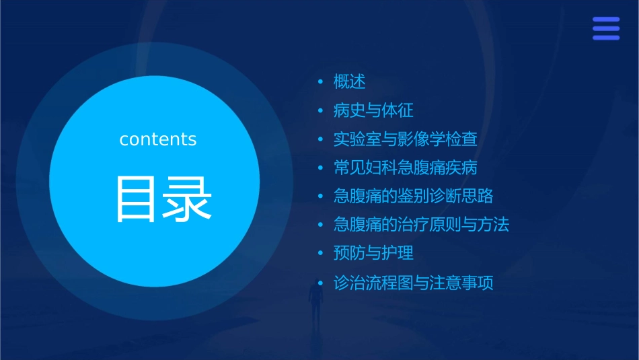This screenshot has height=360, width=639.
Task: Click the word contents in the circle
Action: [x=158, y=139]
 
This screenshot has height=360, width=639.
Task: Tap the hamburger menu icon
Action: [x=605, y=29]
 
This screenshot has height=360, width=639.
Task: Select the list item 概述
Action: [x=350, y=82]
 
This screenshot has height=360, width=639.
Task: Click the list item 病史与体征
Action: [x=373, y=110]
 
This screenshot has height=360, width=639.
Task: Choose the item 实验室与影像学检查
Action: [x=406, y=139]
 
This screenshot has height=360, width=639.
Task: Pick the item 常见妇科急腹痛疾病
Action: [x=406, y=168]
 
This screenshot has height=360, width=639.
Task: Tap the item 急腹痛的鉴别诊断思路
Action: [x=414, y=196]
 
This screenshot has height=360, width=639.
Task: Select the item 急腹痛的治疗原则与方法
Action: [x=422, y=225]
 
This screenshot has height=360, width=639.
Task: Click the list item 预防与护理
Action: [x=373, y=254]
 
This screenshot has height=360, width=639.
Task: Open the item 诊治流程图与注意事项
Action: [x=414, y=283]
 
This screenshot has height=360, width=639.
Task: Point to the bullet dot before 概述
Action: [x=321, y=82]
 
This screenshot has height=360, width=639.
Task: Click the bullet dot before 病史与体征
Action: [x=321, y=110]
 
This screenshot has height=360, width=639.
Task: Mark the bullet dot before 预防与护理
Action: [x=321, y=254]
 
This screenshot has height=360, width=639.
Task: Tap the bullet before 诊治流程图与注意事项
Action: [x=321, y=283]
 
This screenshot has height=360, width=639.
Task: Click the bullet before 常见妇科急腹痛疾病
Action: [x=321, y=168]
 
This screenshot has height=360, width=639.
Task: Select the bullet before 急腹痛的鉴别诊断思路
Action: [x=321, y=196]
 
